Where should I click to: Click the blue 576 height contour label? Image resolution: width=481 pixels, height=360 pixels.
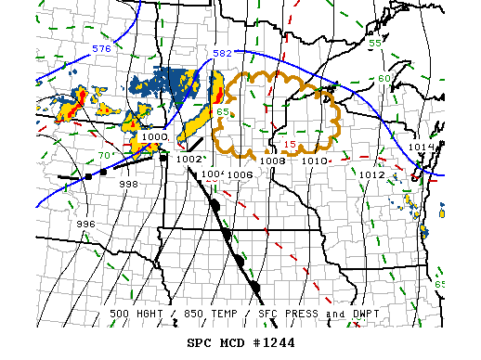[101, 47]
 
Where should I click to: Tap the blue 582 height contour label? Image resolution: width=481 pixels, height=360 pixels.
[224, 54]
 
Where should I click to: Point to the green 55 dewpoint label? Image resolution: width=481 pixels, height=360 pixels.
[376, 44]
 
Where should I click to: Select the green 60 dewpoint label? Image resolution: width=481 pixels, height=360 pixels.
[384, 78]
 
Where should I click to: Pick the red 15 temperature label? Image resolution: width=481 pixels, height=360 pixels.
[290, 144]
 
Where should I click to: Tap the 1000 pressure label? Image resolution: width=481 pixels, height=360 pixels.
[155, 136]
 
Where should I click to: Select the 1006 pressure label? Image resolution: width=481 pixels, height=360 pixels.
[240, 174]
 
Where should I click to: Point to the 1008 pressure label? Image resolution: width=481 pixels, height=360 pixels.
[272, 161]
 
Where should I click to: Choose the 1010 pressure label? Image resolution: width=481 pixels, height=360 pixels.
[315, 161]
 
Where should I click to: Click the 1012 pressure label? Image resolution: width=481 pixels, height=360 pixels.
[372, 174]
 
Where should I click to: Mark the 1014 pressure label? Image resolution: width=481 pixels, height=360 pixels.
[422, 148]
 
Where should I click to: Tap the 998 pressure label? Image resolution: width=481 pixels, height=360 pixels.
[129, 185]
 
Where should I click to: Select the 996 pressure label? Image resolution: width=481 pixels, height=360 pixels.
[86, 224]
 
